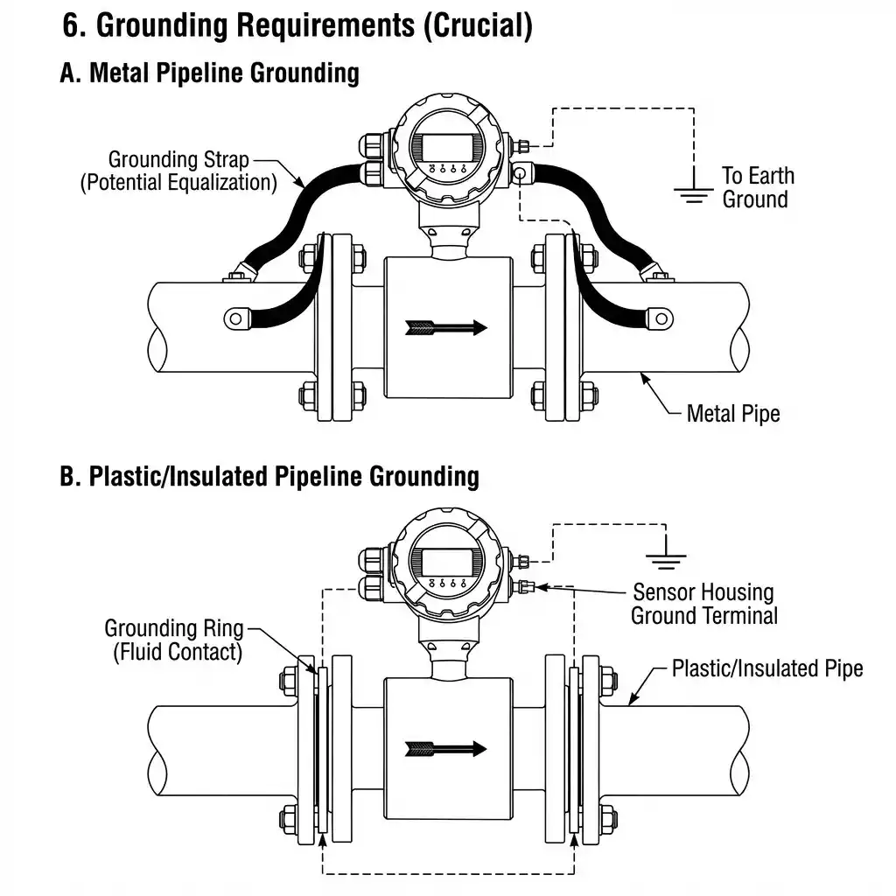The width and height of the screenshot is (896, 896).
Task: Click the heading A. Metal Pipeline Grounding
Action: click(209, 73)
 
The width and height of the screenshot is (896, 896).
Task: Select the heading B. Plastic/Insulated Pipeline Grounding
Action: click(269, 476)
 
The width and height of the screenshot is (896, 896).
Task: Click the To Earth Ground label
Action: click(757, 187)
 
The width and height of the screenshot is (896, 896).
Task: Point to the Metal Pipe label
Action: click(732, 413)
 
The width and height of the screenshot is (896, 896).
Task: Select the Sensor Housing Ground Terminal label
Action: click(703, 604)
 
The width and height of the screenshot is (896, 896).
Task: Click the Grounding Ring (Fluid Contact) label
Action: click(173, 640)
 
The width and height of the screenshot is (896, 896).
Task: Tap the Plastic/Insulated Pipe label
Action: click(766, 668)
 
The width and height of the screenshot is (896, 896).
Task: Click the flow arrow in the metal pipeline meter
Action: click(446, 328)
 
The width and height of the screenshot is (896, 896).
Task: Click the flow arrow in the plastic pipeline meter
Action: click(446, 748)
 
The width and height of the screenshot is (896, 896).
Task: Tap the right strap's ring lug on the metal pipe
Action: click(658, 313)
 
